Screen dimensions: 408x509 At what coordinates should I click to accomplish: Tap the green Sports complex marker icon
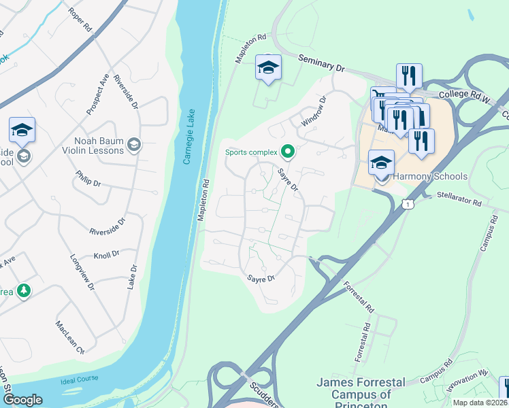click(x=288, y=152)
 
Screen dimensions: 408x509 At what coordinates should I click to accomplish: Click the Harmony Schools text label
click(x=431, y=177)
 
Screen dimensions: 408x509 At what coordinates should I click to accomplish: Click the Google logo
click(x=24, y=400)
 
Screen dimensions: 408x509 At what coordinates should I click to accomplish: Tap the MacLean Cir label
click(x=69, y=338)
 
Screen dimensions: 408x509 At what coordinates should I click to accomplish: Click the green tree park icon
click(x=23, y=291)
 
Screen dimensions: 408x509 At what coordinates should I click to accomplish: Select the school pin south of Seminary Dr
click(x=268, y=68)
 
